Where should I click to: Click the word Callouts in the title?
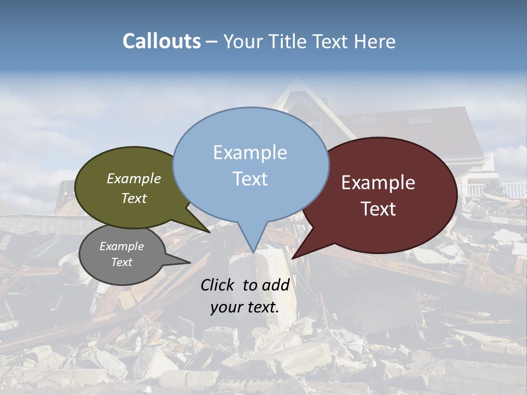161,41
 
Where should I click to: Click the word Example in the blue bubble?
250,153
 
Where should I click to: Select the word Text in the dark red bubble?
378,209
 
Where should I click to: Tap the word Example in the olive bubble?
134,179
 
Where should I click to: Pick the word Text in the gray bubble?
121,262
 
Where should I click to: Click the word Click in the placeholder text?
218,285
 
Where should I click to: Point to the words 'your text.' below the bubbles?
245,307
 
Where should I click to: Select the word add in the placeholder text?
276,285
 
